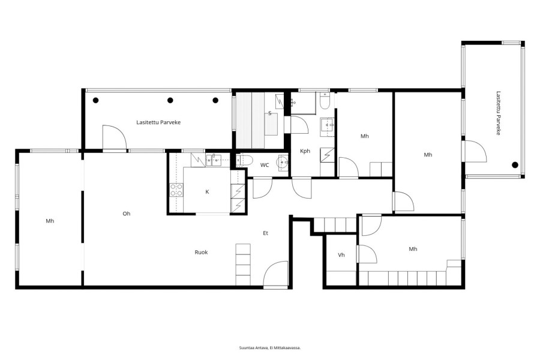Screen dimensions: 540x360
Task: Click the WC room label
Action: pos(265,165)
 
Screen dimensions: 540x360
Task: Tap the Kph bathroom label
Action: pos(305,151)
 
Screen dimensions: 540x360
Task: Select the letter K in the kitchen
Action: pos(207,192)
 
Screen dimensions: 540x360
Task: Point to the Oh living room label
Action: pos(127,214)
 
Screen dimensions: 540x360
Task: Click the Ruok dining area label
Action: pos(201,252)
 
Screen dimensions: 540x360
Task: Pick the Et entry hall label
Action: pos(266,233)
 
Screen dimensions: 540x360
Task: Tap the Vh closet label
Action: pos(341,255)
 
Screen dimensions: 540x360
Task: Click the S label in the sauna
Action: pos(269,113)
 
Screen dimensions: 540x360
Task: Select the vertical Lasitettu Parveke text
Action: pos(498,113)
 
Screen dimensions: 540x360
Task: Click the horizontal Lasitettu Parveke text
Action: pos(158,122)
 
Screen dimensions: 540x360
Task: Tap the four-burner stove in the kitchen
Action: pos(176,190)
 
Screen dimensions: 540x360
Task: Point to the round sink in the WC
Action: pos(283,161)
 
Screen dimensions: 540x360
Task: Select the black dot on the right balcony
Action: pos(515,165)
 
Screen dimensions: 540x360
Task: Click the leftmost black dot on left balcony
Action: pos(96,100)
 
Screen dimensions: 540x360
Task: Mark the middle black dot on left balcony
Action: pos(170,100)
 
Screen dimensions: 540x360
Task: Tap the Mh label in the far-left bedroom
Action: pos(50,221)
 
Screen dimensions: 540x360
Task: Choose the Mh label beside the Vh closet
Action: pos(413,249)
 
